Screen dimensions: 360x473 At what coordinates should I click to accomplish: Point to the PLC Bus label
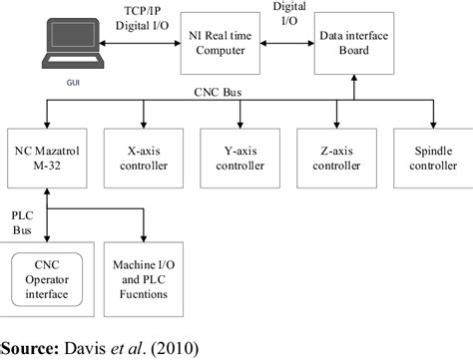coord(22,220)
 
